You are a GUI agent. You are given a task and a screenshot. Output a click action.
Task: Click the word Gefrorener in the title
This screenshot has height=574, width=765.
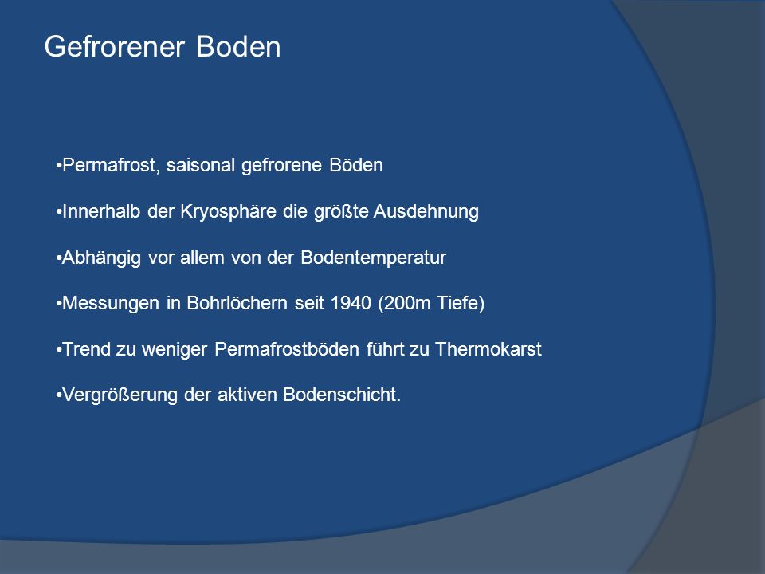point(115,47)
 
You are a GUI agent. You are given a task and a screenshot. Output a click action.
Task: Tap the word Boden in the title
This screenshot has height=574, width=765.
point(238,47)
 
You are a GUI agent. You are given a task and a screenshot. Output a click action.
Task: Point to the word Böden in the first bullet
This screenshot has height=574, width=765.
point(356,165)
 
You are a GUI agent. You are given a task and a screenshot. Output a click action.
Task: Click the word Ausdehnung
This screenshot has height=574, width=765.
point(426,212)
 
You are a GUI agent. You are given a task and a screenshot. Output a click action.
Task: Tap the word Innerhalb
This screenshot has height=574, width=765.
point(101,211)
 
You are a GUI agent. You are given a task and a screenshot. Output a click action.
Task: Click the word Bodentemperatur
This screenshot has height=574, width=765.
point(373,258)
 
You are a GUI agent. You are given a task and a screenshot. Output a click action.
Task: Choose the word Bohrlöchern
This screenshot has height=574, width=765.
point(237,303)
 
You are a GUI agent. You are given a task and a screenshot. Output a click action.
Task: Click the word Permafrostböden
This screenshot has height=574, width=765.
point(287,349)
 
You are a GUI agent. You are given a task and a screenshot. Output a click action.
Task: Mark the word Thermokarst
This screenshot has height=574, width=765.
point(488,349)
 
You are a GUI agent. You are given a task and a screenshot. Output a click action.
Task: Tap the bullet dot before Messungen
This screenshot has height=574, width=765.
point(59,304)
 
